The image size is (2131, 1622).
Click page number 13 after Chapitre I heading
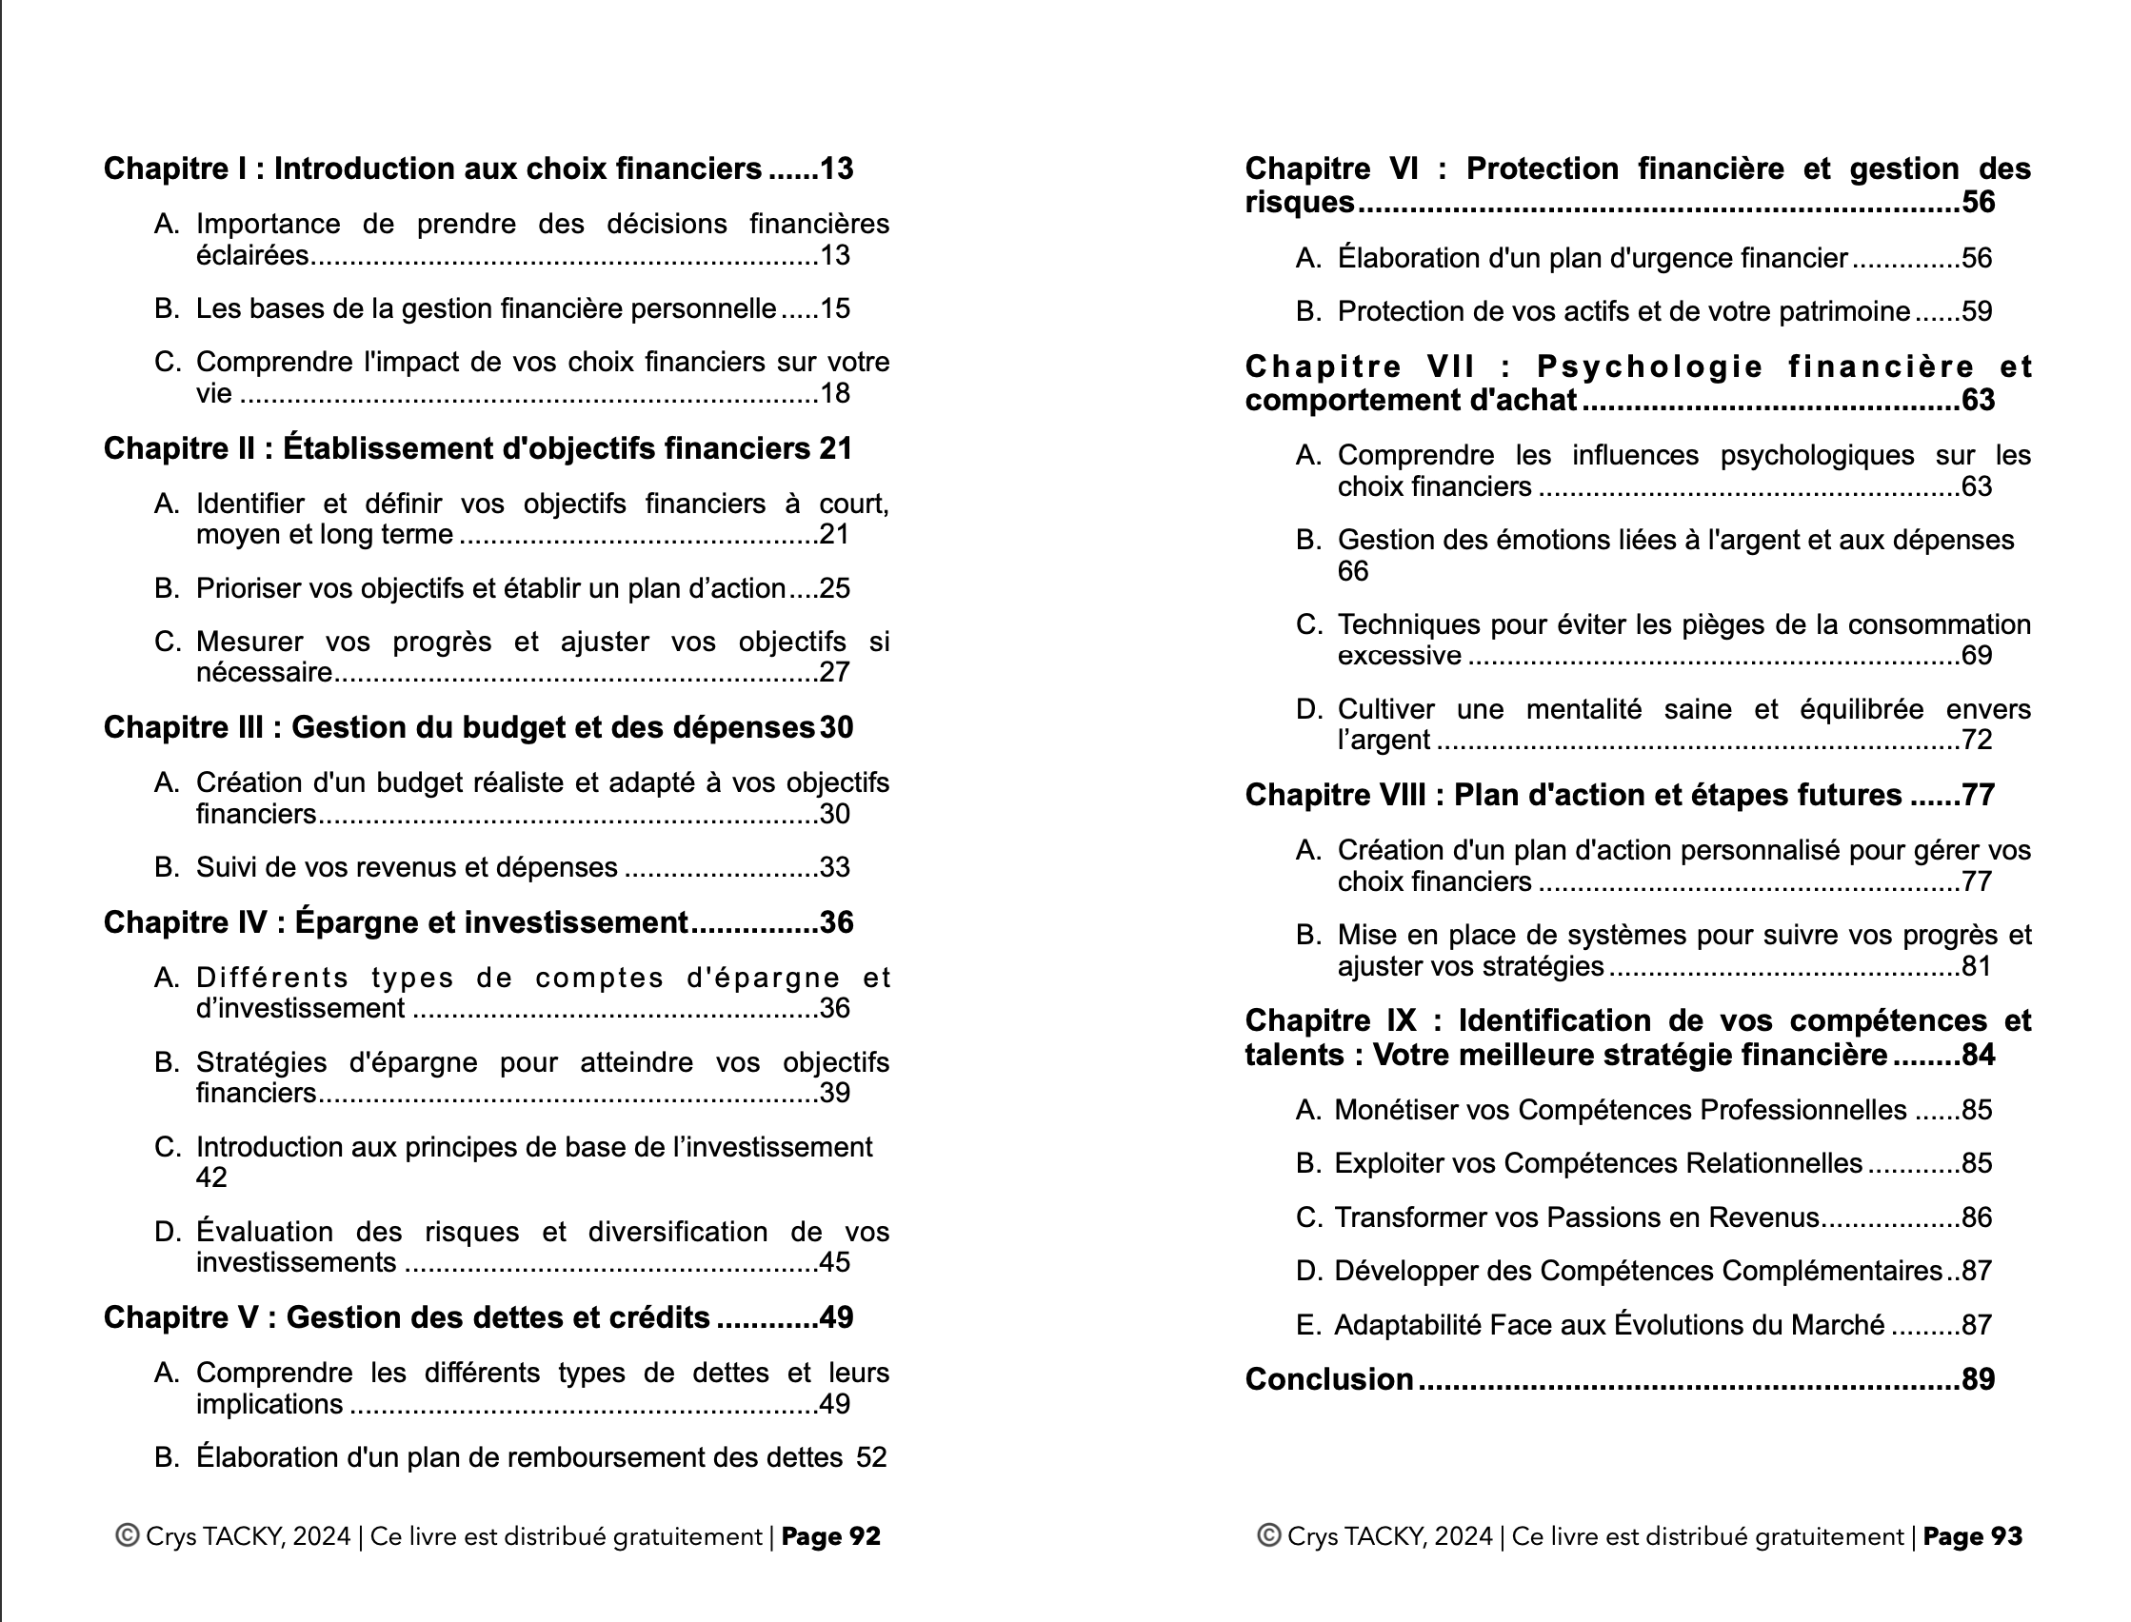pos(836,169)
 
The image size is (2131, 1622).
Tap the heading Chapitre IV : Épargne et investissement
pos(395,923)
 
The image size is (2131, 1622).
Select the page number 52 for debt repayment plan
pos(871,1458)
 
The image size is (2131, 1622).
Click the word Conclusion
pos(1328,1379)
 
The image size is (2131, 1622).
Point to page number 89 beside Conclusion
pos(1979,1379)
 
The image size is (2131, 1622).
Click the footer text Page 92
pos(830,1537)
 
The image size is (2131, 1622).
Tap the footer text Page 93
pos(1972,1537)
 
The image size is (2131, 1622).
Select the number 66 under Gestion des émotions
pos(1353,571)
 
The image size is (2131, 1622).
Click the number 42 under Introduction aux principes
pos(211,1177)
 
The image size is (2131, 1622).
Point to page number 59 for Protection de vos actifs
pos(1977,312)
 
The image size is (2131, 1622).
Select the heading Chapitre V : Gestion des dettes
pos(407,1317)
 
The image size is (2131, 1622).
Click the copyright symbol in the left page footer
pos(127,1536)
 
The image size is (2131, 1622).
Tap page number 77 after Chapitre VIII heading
pos(1979,796)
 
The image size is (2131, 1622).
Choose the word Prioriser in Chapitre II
pos(249,589)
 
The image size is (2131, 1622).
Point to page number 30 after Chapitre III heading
pos(836,728)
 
